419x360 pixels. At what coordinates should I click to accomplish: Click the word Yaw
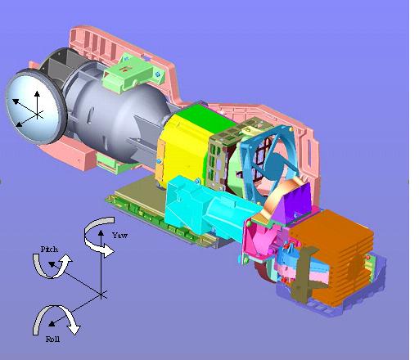tap(119, 235)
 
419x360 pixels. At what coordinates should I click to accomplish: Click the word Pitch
tap(49, 249)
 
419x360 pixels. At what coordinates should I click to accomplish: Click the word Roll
tap(52, 339)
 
